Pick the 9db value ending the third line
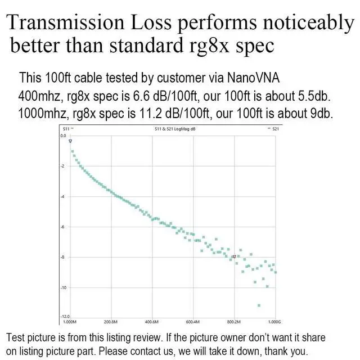tap(318, 112)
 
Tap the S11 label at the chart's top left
tap(66, 129)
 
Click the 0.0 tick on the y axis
tap(64, 136)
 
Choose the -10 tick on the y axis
tap(64, 287)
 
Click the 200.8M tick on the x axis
tap(110, 323)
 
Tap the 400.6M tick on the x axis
tap(152, 323)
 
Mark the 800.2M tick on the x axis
tap(234, 323)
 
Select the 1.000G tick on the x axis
tap(274, 323)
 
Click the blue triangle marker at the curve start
tap(70, 141)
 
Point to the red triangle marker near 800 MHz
tap(234, 256)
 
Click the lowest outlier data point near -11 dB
tap(259, 305)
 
